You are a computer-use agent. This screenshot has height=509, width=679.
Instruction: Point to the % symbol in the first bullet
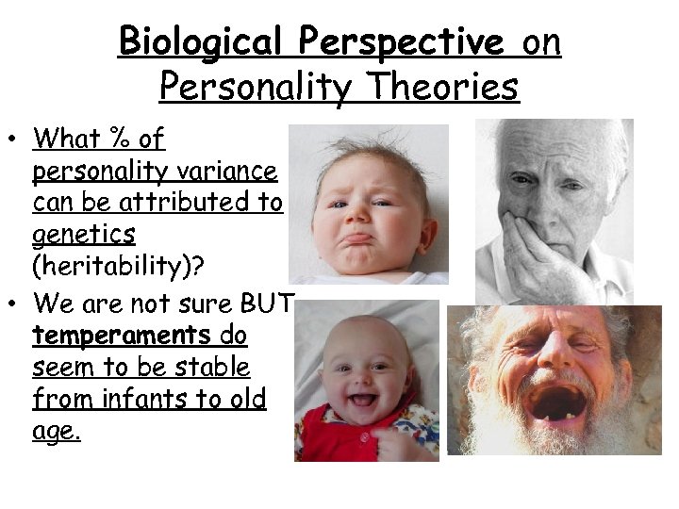click(x=118, y=140)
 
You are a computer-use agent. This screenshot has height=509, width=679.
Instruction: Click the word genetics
click(x=83, y=233)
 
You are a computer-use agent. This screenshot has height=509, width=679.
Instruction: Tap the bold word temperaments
click(x=121, y=335)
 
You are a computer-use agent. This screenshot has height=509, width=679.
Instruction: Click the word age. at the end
click(x=56, y=432)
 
